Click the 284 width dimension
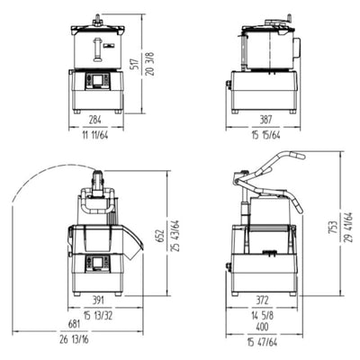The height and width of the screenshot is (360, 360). [94, 119]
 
